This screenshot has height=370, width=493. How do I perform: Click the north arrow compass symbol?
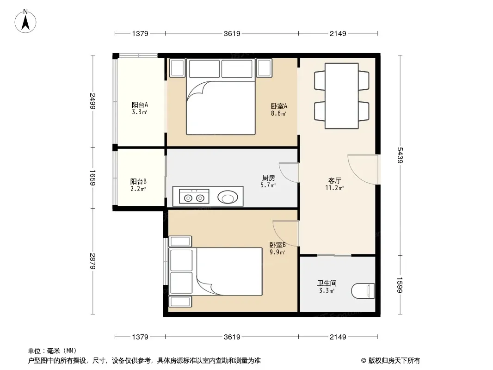(25, 21)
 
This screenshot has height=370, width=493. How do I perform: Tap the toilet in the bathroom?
(363, 291)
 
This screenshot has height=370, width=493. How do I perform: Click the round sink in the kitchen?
(228, 197)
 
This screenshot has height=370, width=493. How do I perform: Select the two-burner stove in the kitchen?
(194, 197)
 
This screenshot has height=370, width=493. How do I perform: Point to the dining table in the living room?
(341, 96)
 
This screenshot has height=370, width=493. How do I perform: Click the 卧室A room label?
(278, 106)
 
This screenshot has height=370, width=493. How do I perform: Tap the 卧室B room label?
(277, 245)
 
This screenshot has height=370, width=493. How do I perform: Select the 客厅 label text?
(334, 180)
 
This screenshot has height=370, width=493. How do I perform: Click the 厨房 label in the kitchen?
(268, 178)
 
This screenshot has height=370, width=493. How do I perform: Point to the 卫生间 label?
(327, 283)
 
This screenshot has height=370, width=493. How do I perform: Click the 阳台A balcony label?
(140, 105)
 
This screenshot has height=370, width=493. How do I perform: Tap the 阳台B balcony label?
(138, 181)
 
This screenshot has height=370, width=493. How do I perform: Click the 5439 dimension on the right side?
(400, 155)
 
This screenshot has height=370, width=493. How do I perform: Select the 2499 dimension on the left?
(92, 101)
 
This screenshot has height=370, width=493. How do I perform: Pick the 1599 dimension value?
(400, 285)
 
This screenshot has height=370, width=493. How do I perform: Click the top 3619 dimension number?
(232, 33)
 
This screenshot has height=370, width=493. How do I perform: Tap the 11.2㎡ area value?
(334, 188)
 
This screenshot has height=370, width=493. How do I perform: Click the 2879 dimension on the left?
(92, 261)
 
